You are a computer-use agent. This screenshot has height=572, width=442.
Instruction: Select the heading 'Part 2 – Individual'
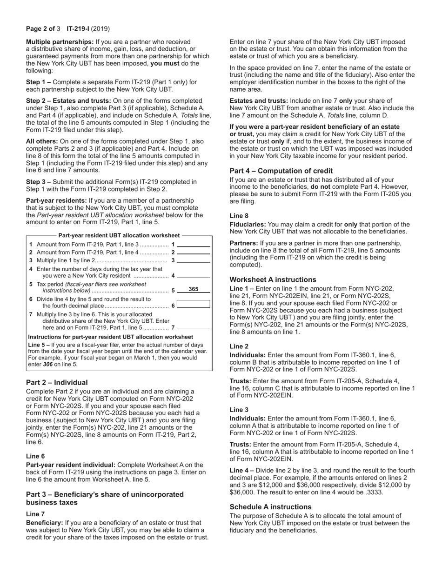point(57,383)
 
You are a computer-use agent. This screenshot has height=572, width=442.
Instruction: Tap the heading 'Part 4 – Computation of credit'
point(281,171)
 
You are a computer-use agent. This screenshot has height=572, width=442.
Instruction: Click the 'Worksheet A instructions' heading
point(273,280)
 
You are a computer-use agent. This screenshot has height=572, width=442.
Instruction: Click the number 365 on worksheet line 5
point(193,289)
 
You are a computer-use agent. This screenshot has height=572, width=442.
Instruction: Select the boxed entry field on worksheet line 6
point(193,304)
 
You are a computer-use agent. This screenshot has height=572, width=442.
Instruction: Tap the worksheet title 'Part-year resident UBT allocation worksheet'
point(119,236)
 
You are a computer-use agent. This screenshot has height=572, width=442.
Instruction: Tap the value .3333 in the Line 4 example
point(375,492)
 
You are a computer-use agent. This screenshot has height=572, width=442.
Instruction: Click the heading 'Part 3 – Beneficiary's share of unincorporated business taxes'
point(105,499)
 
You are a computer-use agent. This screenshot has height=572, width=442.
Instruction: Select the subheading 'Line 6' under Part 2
point(35,456)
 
